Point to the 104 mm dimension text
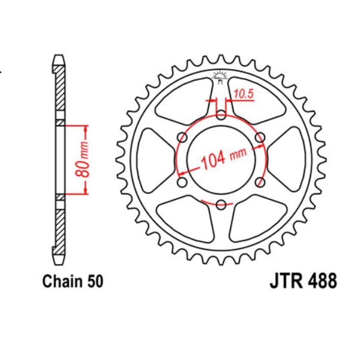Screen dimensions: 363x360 [223, 159]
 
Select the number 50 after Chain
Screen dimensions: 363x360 [95, 281]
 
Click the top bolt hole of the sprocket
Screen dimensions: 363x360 [220, 114]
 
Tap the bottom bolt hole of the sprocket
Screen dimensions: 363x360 [220, 205]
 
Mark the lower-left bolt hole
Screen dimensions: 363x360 [182, 183]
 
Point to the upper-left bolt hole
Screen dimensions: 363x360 [182, 137]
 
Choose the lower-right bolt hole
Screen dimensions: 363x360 [260, 183]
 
